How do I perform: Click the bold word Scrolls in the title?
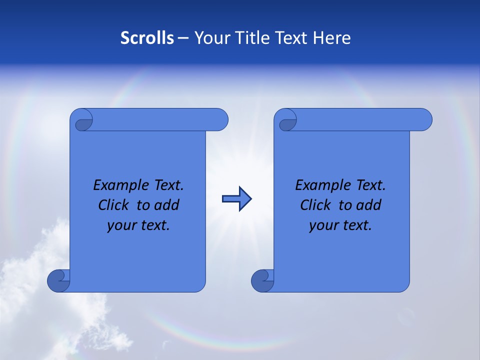[x=147, y=38]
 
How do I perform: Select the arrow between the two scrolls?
[x=237, y=199]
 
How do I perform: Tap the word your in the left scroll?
[x=120, y=225]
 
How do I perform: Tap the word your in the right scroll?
[x=322, y=225]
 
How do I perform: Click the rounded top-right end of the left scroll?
[x=220, y=120]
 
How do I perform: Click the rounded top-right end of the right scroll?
[x=424, y=120]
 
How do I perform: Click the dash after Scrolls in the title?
[x=183, y=38]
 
